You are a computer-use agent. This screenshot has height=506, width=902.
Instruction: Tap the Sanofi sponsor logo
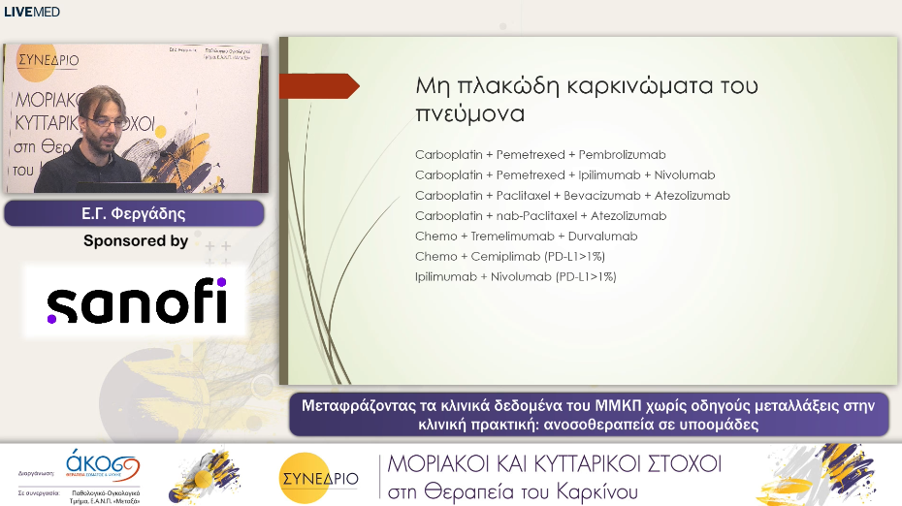(136, 301)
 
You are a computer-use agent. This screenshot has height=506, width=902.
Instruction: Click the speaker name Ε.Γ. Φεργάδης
(134, 213)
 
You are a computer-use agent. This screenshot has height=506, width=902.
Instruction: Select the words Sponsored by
(136, 241)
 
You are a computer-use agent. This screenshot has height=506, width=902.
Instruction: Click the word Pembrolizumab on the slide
(622, 155)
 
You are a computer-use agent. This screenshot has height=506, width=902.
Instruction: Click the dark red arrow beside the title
(320, 86)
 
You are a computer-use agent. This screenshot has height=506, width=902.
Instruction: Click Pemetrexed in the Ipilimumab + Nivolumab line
(530, 175)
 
